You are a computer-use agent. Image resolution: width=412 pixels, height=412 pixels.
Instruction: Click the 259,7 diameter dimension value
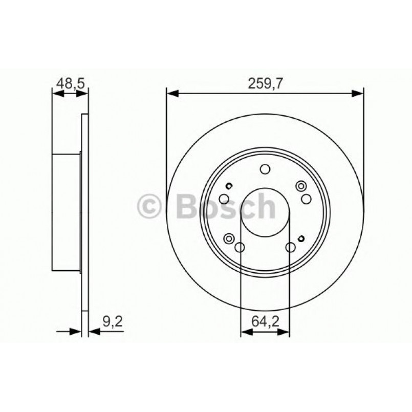265,84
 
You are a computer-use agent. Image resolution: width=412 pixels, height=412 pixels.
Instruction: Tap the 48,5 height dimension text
70,84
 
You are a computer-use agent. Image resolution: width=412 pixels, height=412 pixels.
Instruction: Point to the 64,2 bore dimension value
265,322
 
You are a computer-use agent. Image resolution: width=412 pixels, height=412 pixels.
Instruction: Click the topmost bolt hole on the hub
265,169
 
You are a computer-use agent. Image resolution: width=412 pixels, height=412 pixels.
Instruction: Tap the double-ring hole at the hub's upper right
300,187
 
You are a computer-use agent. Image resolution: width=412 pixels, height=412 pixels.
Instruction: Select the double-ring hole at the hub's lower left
229,237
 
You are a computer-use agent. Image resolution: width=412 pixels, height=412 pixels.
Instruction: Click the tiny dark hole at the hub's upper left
230,186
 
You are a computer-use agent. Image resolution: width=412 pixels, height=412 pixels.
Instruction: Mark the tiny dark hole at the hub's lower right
300,237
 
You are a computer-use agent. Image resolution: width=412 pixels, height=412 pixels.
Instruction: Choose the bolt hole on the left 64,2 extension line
240,248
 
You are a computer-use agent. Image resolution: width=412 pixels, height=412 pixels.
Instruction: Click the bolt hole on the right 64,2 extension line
290,248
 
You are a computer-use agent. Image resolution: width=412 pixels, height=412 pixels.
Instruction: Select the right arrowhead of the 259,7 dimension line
358,93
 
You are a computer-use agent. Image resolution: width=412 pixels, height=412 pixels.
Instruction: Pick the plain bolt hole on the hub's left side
224,199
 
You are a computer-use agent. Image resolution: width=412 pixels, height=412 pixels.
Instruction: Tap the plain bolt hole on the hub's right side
306,199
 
